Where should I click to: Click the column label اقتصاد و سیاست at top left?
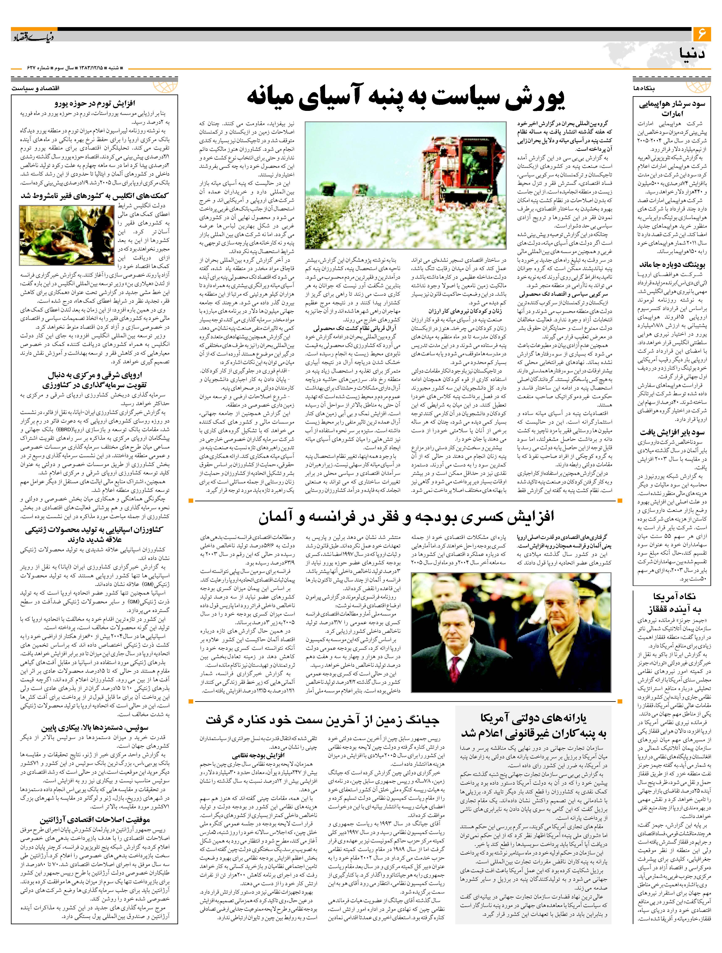click(x=35, y=88)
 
